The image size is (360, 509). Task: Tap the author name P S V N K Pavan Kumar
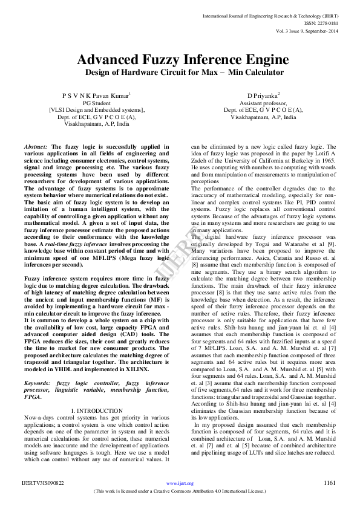(97, 96)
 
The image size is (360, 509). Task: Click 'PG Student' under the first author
(97, 103)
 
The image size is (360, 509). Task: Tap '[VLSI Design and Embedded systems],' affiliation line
(97, 110)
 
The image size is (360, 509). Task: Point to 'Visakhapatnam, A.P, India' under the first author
(97, 123)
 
